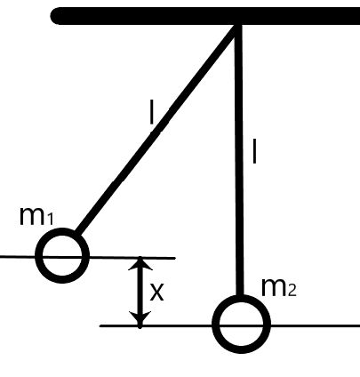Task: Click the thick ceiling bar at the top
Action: coord(204,16)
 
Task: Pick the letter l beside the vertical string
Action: coord(255,152)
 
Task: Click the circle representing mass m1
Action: coord(63,256)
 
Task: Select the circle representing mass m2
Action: coord(241,324)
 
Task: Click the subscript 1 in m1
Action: coord(52,221)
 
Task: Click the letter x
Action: coord(156,292)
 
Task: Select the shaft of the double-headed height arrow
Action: coord(139,292)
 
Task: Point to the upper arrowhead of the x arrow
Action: coord(139,264)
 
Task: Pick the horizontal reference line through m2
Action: coord(160,325)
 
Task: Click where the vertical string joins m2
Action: coord(240,297)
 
